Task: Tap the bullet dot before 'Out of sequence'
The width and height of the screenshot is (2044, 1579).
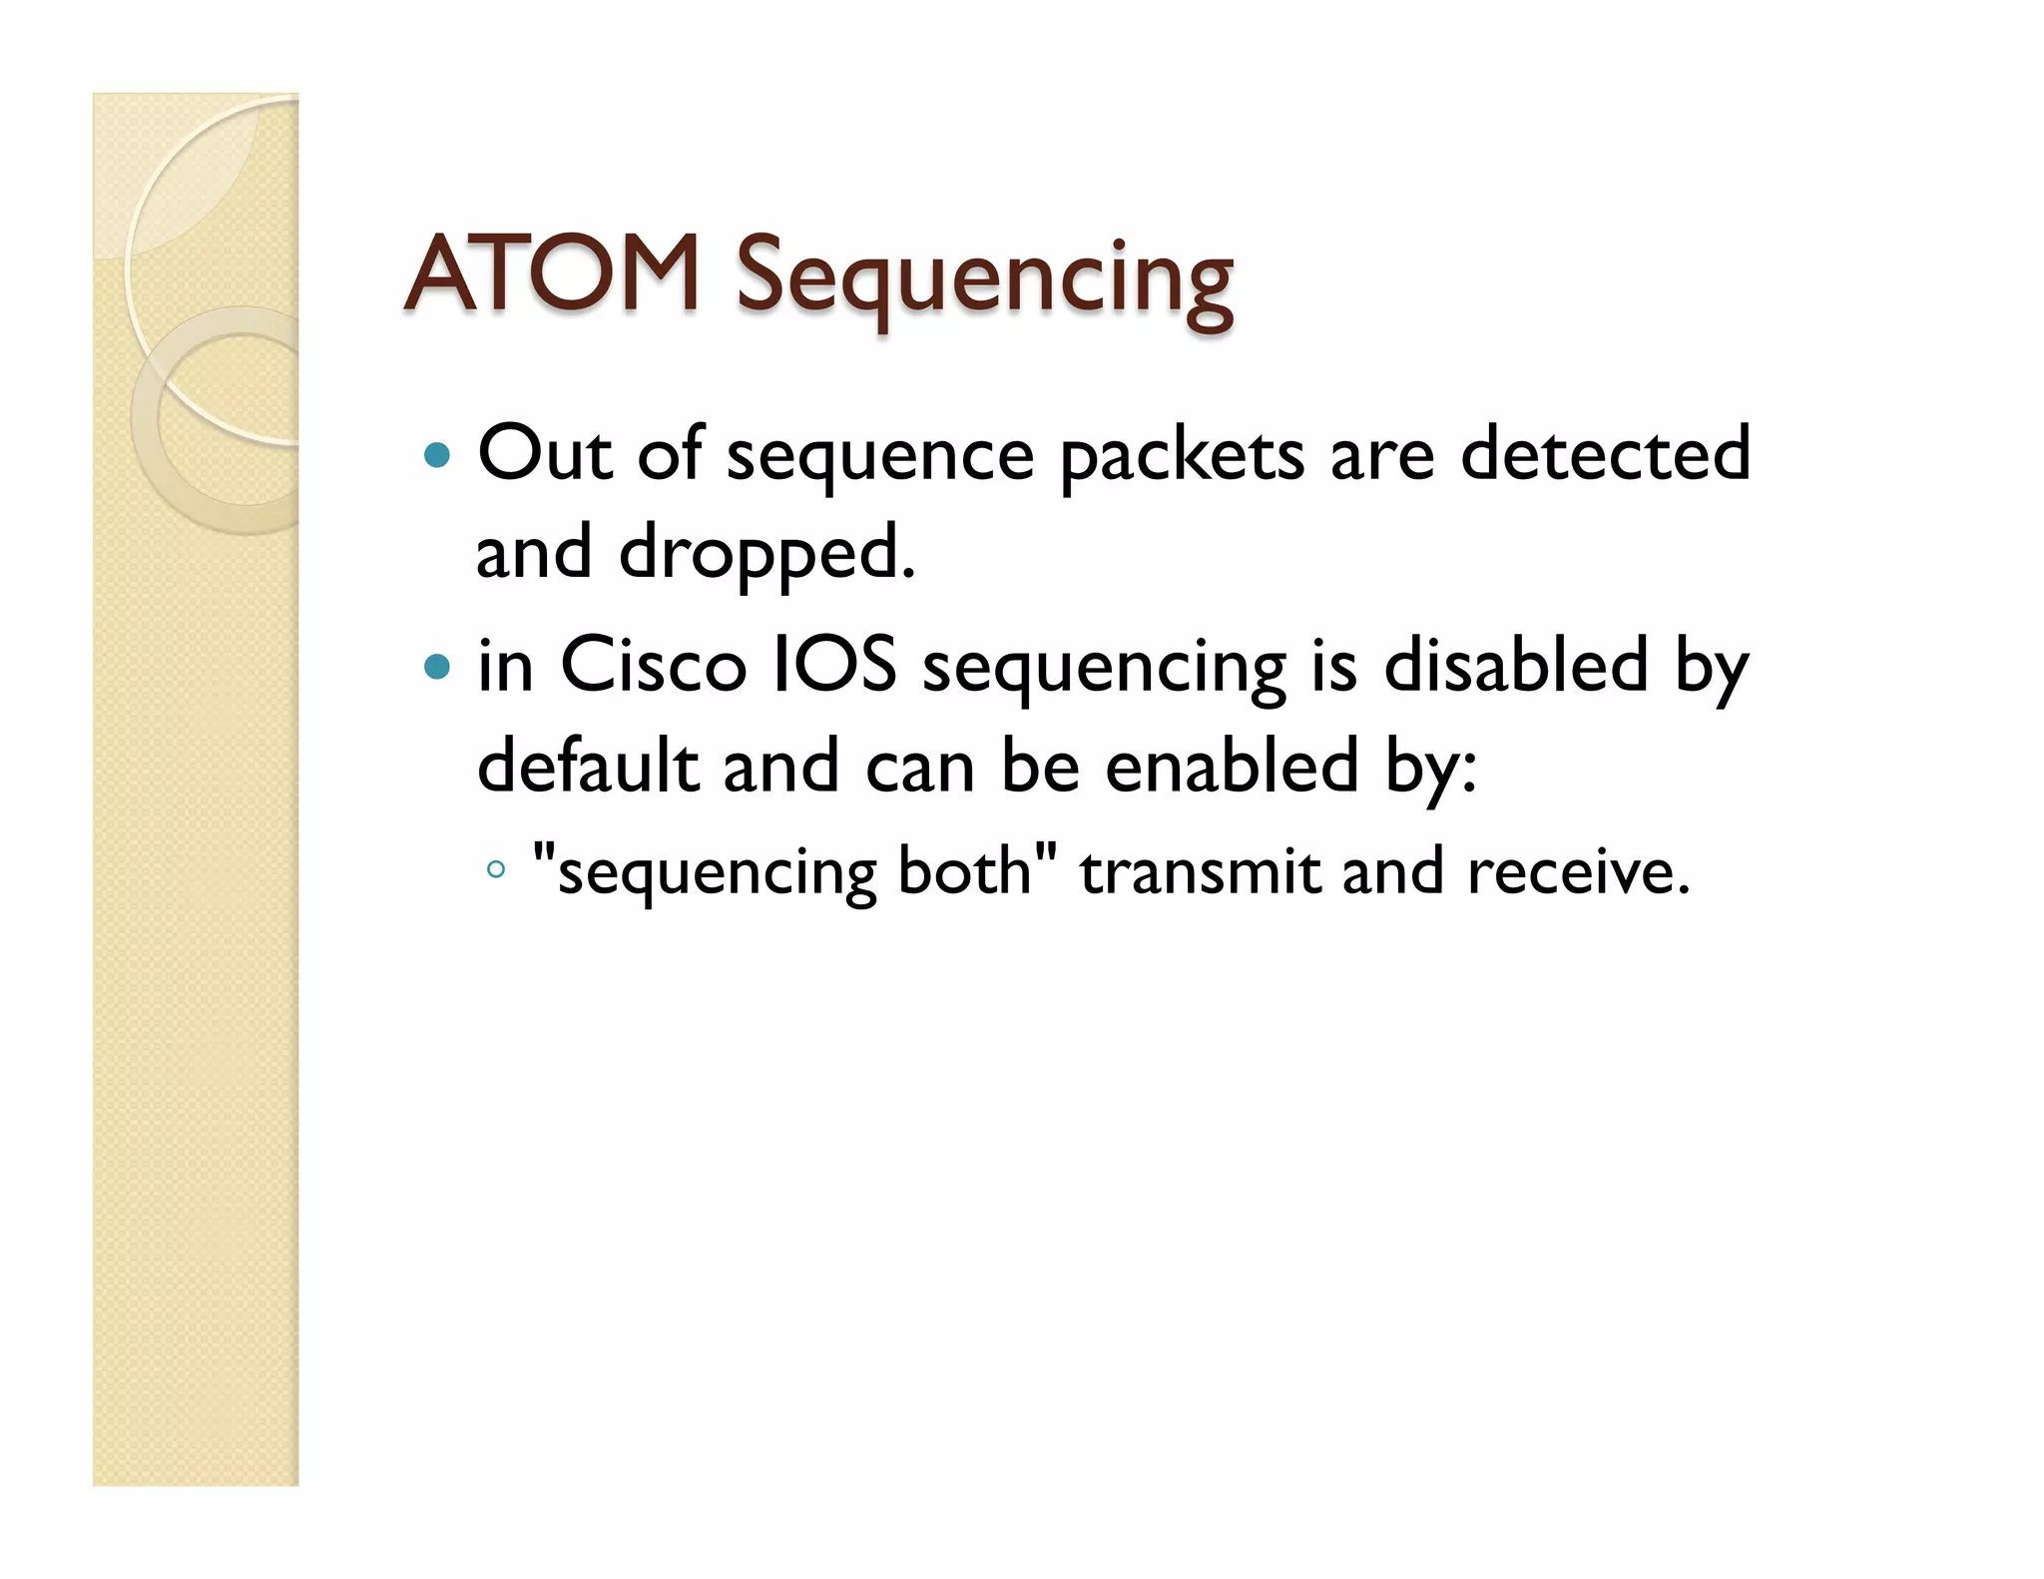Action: (437, 456)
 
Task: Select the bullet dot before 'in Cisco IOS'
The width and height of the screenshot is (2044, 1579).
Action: (437, 667)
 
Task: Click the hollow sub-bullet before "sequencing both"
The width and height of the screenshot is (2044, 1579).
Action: (496, 870)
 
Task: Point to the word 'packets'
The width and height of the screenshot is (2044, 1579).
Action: (1182, 457)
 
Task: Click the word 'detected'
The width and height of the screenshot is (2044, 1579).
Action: (1605, 454)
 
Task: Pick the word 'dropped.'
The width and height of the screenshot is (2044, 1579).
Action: (766, 554)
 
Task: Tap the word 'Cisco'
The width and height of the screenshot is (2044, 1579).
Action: (654, 666)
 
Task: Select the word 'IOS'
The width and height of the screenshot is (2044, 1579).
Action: (836, 666)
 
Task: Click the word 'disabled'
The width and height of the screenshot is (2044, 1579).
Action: (1515, 666)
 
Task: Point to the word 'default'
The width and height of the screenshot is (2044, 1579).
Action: (587, 767)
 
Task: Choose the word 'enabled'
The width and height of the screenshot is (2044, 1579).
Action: (1232, 767)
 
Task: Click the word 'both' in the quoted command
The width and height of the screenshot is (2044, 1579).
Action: (964, 870)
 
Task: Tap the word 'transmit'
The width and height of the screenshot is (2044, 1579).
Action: (1199, 870)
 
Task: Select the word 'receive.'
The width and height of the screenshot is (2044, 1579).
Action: (1578, 870)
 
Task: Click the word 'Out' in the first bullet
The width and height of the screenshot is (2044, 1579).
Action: (544, 454)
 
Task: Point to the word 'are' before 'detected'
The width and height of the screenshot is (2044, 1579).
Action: (1382, 457)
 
